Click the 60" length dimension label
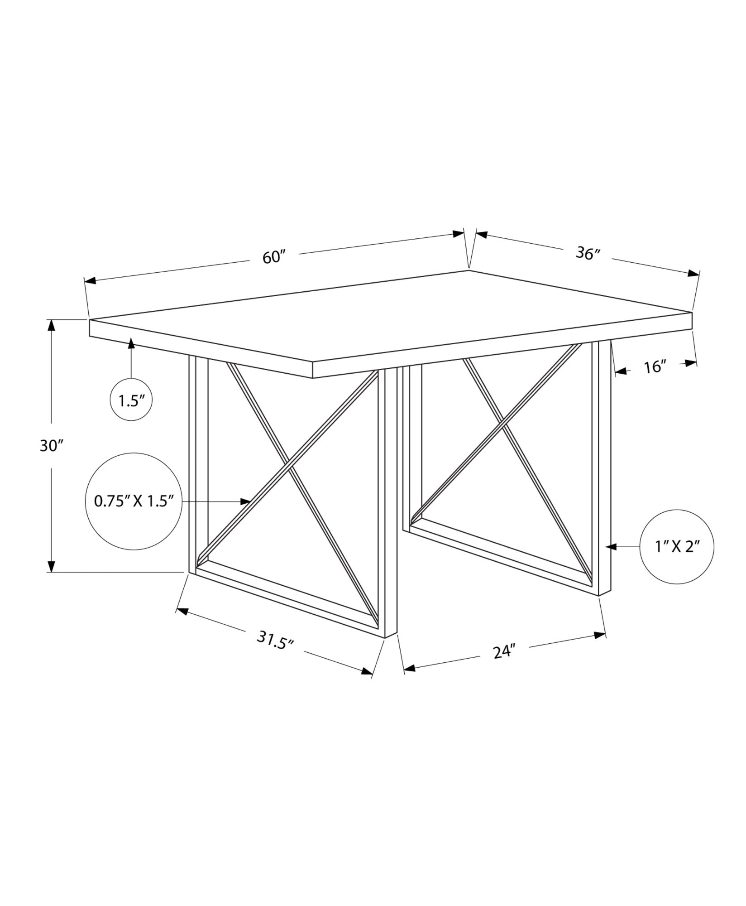275,257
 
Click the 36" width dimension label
588,254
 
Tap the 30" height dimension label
50,446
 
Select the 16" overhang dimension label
655,367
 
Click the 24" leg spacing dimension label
504,652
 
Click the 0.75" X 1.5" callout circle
134,501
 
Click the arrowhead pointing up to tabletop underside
131,343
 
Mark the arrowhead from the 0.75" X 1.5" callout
246,501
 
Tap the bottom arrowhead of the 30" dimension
52,567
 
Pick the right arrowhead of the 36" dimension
693,273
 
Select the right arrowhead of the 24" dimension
600,635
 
